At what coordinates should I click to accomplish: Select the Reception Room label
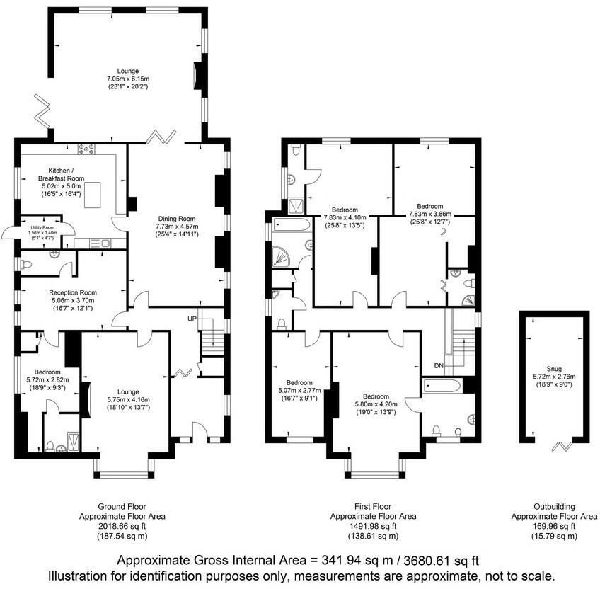73,292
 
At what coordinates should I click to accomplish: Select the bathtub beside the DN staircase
444,387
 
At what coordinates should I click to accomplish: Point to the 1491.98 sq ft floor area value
374,527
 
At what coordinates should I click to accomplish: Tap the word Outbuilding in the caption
554,507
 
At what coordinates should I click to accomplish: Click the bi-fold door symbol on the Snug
563,445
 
